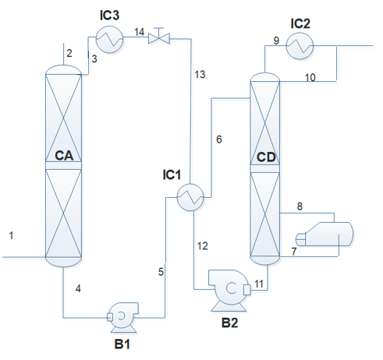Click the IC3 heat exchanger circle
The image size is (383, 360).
point(109,40)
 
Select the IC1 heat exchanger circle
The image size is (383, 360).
point(190,197)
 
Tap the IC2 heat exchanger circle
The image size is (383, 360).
point(300,46)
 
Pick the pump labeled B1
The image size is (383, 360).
point(122,317)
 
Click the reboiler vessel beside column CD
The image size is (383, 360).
point(324,234)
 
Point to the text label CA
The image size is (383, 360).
point(64,156)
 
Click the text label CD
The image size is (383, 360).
point(266,157)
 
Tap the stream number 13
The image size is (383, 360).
point(200,75)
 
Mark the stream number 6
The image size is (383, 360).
point(219,139)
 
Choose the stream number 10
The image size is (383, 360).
point(310,77)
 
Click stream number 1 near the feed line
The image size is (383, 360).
point(11,235)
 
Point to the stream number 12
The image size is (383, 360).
point(203,246)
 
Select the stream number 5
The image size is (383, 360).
point(161,272)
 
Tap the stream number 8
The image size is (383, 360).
point(300,206)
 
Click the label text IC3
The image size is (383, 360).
point(109,16)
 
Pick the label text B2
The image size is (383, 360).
point(229,323)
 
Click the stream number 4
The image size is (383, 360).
point(78,288)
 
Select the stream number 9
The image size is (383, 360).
point(276,41)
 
